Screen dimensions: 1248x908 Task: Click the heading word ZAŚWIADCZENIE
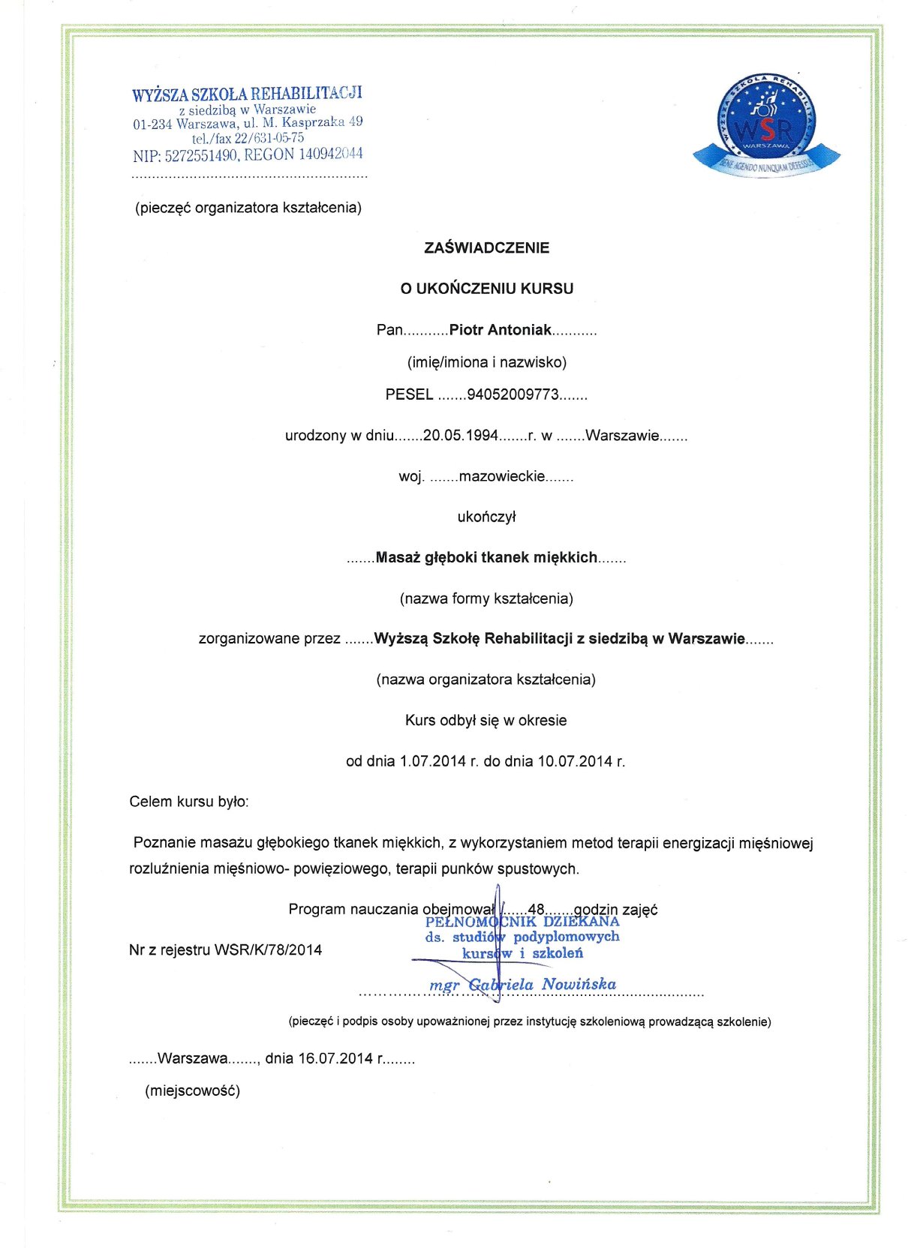click(486, 247)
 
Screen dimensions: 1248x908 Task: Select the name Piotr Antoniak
click(500, 330)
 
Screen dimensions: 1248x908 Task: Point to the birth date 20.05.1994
click(461, 436)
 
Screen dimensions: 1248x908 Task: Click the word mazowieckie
click(501, 476)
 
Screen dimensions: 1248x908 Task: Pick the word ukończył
click(486, 517)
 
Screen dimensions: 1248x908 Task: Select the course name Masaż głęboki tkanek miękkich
click(486, 557)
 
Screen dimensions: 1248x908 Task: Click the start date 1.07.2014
click(433, 761)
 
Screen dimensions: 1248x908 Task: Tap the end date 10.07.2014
click(575, 761)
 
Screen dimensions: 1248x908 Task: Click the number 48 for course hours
click(536, 910)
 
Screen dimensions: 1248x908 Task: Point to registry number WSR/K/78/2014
click(268, 950)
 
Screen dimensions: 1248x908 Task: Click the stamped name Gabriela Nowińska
click(542, 984)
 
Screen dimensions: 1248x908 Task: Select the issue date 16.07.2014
click(335, 1059)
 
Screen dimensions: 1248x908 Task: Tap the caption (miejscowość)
click(193, 1090)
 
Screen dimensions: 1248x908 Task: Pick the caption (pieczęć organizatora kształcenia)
click(248, 208)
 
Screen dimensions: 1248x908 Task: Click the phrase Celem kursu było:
click(189, 802)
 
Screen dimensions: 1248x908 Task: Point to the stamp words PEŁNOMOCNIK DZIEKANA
click(522, 922)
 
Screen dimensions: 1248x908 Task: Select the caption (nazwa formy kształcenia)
click(486, 598)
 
